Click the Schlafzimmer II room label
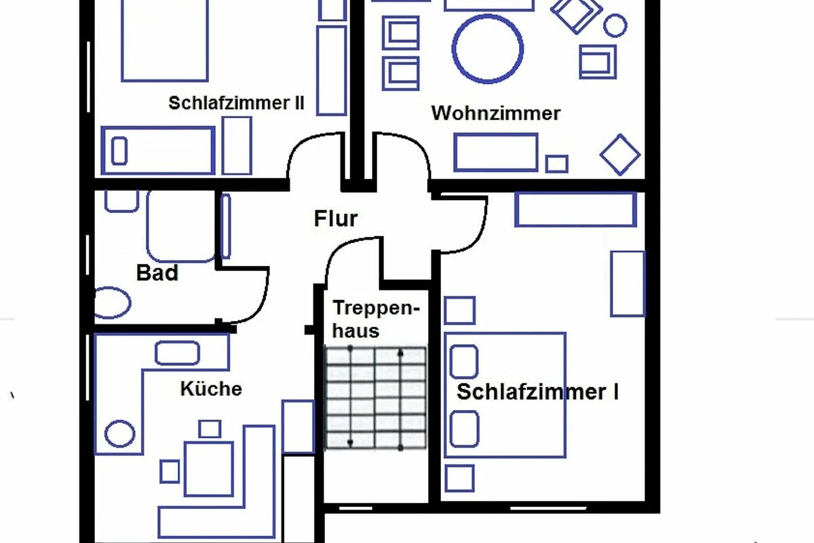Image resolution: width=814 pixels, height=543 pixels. click(236, 103)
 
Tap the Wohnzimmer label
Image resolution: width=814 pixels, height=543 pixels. click(496, 113)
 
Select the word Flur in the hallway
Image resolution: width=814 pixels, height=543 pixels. click(336, 219)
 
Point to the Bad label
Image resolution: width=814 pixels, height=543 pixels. click(157, 273)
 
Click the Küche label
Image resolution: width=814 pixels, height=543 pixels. click(211, 389)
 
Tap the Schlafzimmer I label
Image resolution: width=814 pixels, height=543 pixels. click(537, 392)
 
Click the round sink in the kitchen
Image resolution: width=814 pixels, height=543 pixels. click(120, 434)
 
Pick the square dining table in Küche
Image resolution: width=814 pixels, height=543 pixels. click(209, 468)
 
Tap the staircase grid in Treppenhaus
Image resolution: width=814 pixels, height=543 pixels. click(376, 398)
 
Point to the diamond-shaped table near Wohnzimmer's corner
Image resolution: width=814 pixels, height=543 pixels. click(620, 155)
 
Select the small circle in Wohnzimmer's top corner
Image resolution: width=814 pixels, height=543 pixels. click(615, 26)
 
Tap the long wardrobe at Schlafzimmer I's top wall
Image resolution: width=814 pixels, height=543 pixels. click(575, 209)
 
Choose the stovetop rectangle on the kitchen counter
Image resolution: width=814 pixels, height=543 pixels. click(178, 353)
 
